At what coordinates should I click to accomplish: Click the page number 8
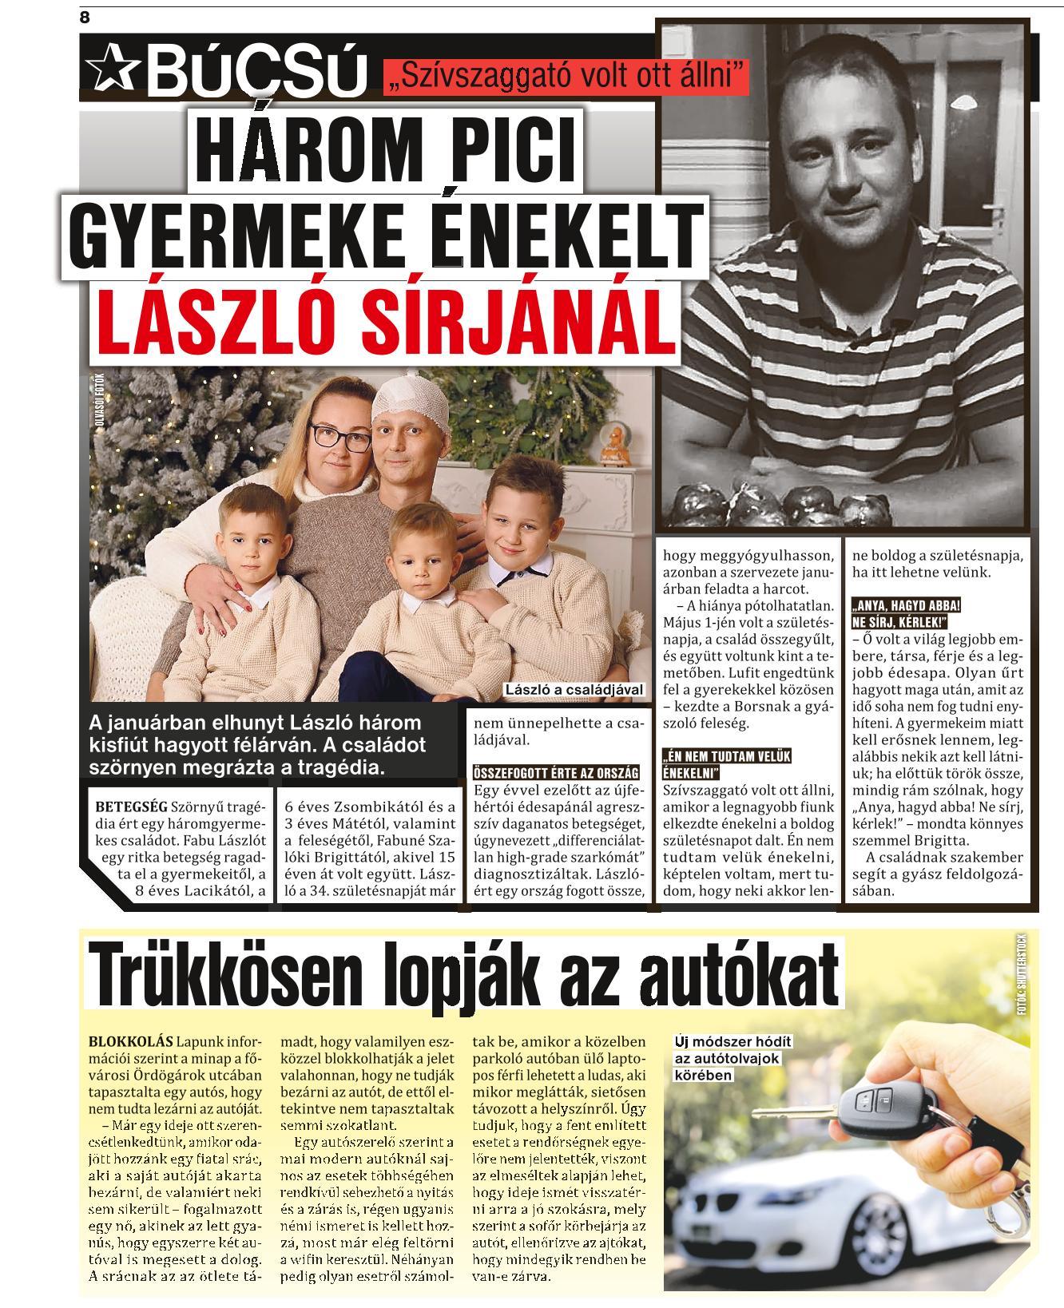point(85,17)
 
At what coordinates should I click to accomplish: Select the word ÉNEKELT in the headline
point(573,232)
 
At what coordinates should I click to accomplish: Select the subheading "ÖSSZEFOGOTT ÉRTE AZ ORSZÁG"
point(556,773)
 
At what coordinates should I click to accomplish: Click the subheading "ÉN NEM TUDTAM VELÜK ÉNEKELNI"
point(717,764)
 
